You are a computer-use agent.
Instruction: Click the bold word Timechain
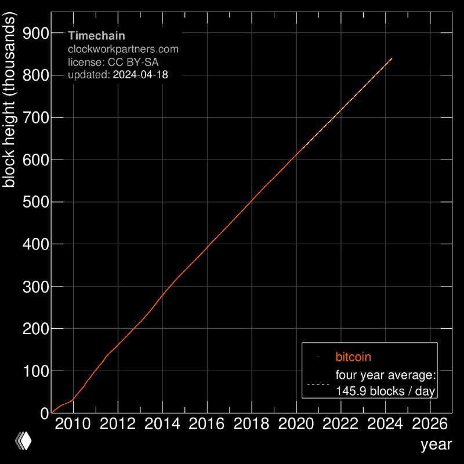click(x=96, y=36)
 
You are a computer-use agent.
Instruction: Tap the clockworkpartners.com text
click(x=123, y=49)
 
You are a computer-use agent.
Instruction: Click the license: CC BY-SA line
click(x=113, y=61)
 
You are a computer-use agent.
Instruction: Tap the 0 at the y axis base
click(x=44, y=413)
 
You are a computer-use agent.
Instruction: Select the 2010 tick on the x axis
click(x=73, y=423)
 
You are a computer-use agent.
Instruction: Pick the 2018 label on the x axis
click(x=251, y=423)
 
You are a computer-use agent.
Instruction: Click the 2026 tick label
click(x=429, y=423)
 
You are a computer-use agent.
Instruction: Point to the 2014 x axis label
click(x=162, y=423)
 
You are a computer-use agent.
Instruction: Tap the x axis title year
click(x=436, y=445)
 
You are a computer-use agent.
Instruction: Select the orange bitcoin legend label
click(x=353, y=357)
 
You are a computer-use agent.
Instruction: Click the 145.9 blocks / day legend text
click(x=385, y=391)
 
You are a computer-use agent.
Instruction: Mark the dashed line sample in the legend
click(x=318, y=384)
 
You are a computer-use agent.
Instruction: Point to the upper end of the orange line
click(x=392, y=59)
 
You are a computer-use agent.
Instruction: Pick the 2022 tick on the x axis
click(x=340, y=423)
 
